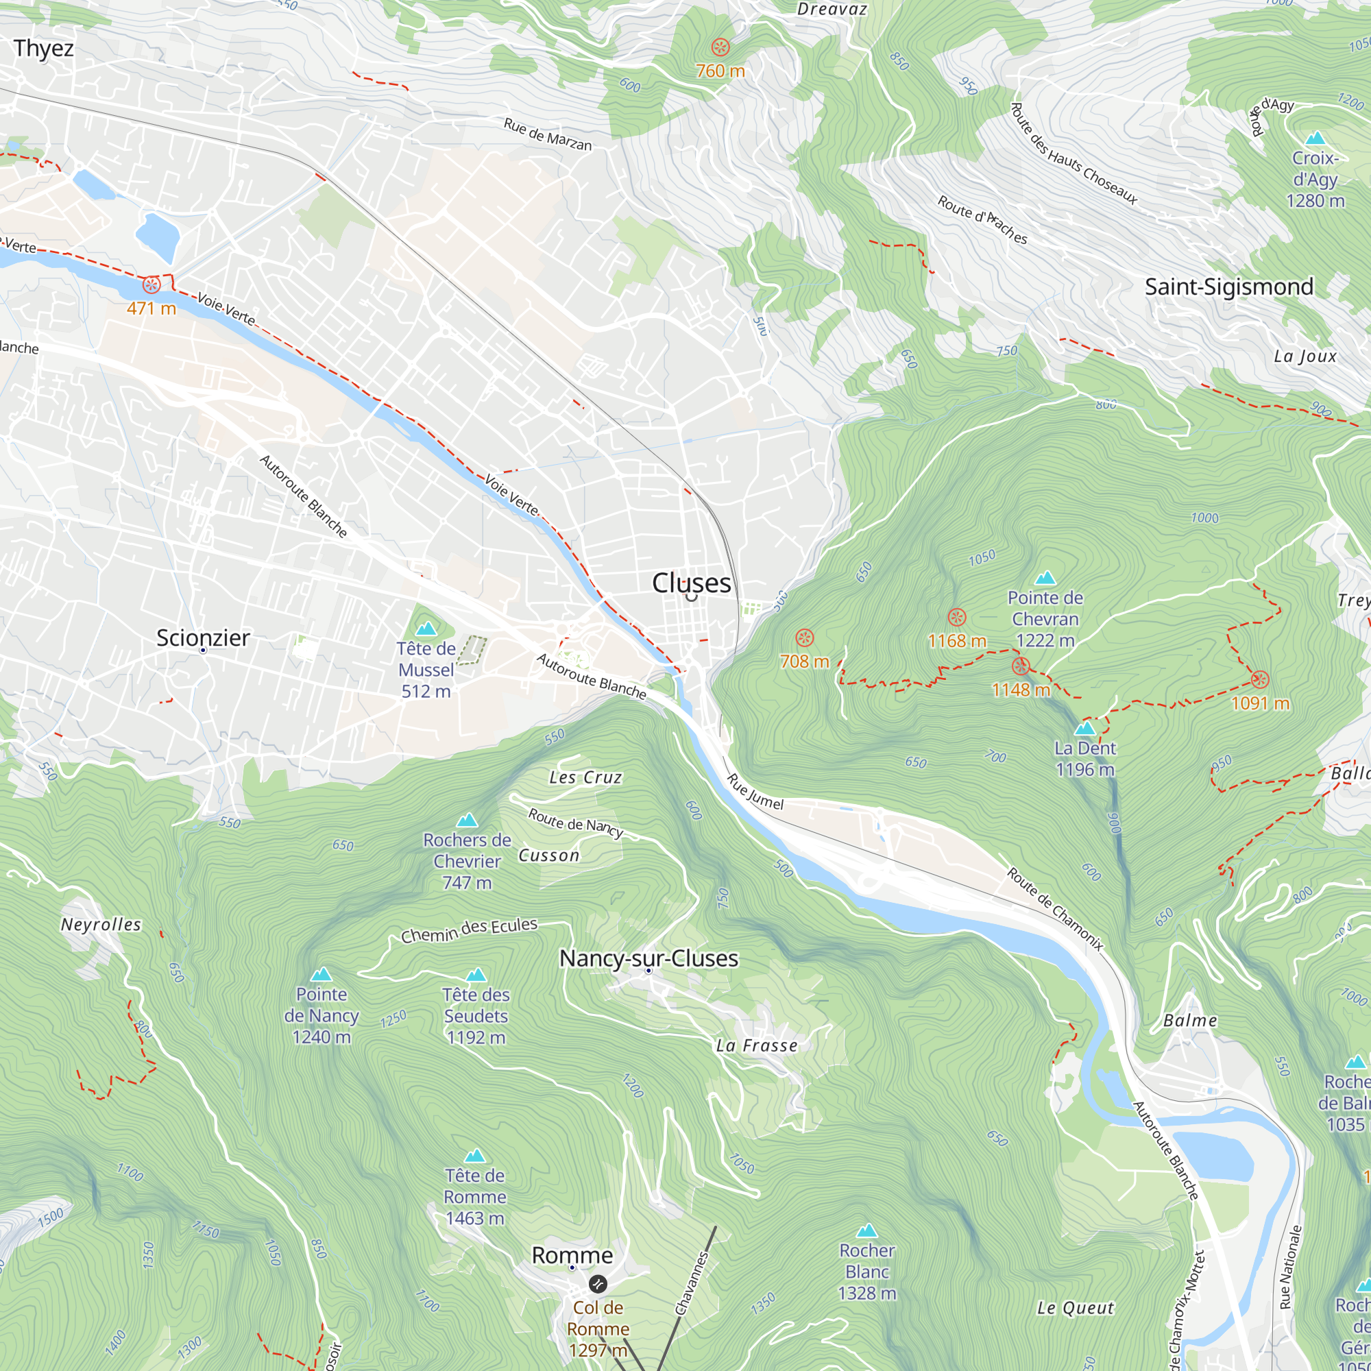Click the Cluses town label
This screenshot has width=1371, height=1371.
tap(691, 583)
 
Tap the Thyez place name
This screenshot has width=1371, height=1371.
tap(43, 48)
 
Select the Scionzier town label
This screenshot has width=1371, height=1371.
tap(203, 638)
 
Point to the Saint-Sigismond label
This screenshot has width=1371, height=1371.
tap(1229, 287)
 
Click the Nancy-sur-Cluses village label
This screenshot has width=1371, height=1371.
tap(648, 958)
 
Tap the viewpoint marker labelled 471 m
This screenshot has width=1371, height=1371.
tap(151, 285)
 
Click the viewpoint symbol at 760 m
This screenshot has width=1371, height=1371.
tap(720, 47)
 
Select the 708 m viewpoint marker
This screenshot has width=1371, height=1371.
tap(804, 638)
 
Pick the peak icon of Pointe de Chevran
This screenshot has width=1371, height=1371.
tap(1045, 578)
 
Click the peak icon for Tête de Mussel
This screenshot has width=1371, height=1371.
tap(426, 629)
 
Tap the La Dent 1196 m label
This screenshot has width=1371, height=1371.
tap(1085, 759)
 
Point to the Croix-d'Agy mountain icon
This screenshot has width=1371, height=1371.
tap(1315, 138)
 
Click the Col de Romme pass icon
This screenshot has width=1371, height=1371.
tap(598, 1283)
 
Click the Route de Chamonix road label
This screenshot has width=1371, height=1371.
tap(1054, 908)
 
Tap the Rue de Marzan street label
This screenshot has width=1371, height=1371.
tap(547, 134)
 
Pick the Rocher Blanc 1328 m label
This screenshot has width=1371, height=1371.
tap(866, 1272)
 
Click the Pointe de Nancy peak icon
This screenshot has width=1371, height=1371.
tap(321, 973)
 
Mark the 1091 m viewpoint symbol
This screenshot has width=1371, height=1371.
tap(1259, 679)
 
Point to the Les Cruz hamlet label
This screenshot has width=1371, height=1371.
tap(585, 778)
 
